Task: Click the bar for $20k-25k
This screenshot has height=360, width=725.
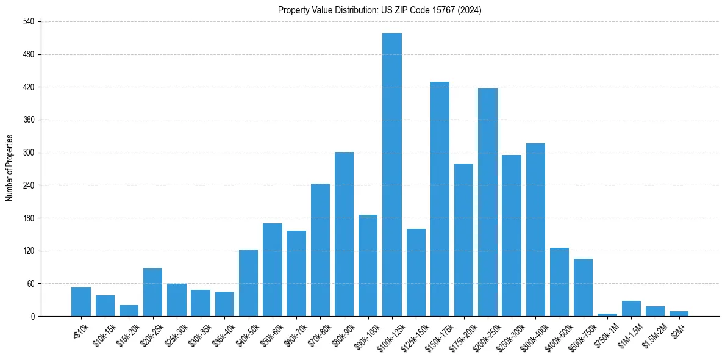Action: [152, 292]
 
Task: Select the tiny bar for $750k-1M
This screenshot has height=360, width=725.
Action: [607, 315]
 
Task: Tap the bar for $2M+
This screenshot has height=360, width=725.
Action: [679, 314]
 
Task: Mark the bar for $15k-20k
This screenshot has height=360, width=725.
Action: [129, 311]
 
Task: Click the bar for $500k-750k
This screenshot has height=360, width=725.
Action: [583, 287]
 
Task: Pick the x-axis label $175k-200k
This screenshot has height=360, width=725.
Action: [461, 334]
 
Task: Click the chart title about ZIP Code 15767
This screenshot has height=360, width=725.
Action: [380, 10]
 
